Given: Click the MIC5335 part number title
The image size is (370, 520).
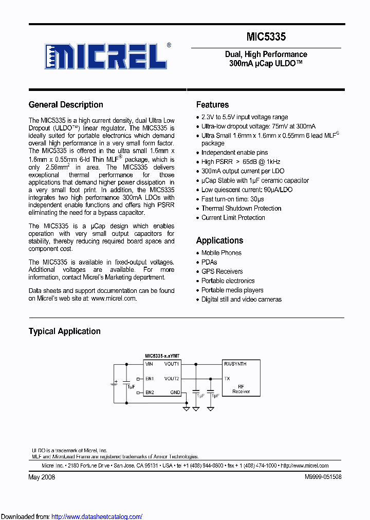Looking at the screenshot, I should point(266,37).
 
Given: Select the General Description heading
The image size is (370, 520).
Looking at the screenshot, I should point(66,105).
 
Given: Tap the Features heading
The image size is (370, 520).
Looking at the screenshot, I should point(212,105).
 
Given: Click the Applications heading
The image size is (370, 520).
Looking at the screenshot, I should point(219,240).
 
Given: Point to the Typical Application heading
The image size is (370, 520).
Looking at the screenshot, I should point(64,331).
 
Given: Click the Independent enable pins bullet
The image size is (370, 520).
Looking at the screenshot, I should point(234,153).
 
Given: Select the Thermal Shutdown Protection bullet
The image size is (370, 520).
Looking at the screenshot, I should point(241,209).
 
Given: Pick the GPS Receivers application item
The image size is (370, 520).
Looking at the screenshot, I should point(222,271).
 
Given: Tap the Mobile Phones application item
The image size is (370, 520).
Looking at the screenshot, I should point(221,253).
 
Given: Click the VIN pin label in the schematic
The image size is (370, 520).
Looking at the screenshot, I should point(149,364).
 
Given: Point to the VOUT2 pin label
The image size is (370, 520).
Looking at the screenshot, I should point(172,379).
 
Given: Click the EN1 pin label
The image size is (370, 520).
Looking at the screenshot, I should point(149,379).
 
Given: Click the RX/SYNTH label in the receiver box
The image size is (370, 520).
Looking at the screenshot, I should point(235,364).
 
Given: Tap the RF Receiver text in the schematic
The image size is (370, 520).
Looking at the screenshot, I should point(240,389).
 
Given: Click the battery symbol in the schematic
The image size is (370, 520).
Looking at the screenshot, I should point(115,383).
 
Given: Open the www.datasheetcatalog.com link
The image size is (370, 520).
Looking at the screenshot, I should point(97,516).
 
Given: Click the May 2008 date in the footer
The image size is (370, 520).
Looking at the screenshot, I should point(42,477).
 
